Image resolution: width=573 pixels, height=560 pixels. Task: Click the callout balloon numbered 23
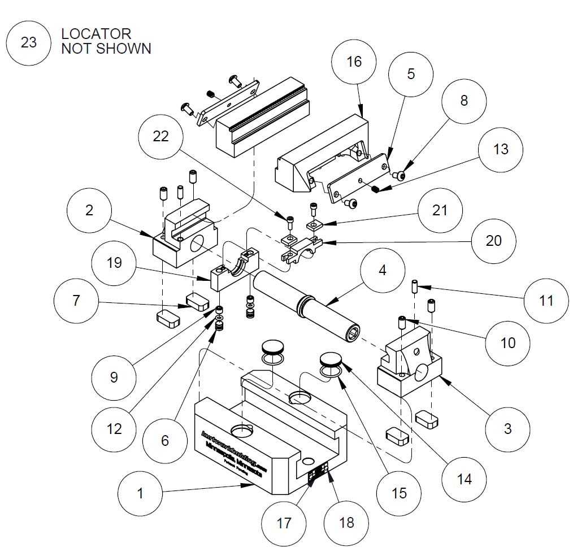28,42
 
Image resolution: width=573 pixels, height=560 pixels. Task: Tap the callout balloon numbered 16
354,62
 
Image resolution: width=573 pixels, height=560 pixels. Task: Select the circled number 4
383,270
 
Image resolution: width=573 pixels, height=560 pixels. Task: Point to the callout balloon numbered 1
140,493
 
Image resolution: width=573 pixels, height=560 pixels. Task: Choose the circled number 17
284,523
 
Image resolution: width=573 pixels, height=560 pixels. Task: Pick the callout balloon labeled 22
161,137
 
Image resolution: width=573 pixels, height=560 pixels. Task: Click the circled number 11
546,300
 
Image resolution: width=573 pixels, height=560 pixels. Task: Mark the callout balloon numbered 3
507,428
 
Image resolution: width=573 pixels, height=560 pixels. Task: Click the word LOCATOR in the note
96,34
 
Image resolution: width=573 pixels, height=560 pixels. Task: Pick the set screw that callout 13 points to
375,189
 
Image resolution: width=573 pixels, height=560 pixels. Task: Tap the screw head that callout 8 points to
401,176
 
